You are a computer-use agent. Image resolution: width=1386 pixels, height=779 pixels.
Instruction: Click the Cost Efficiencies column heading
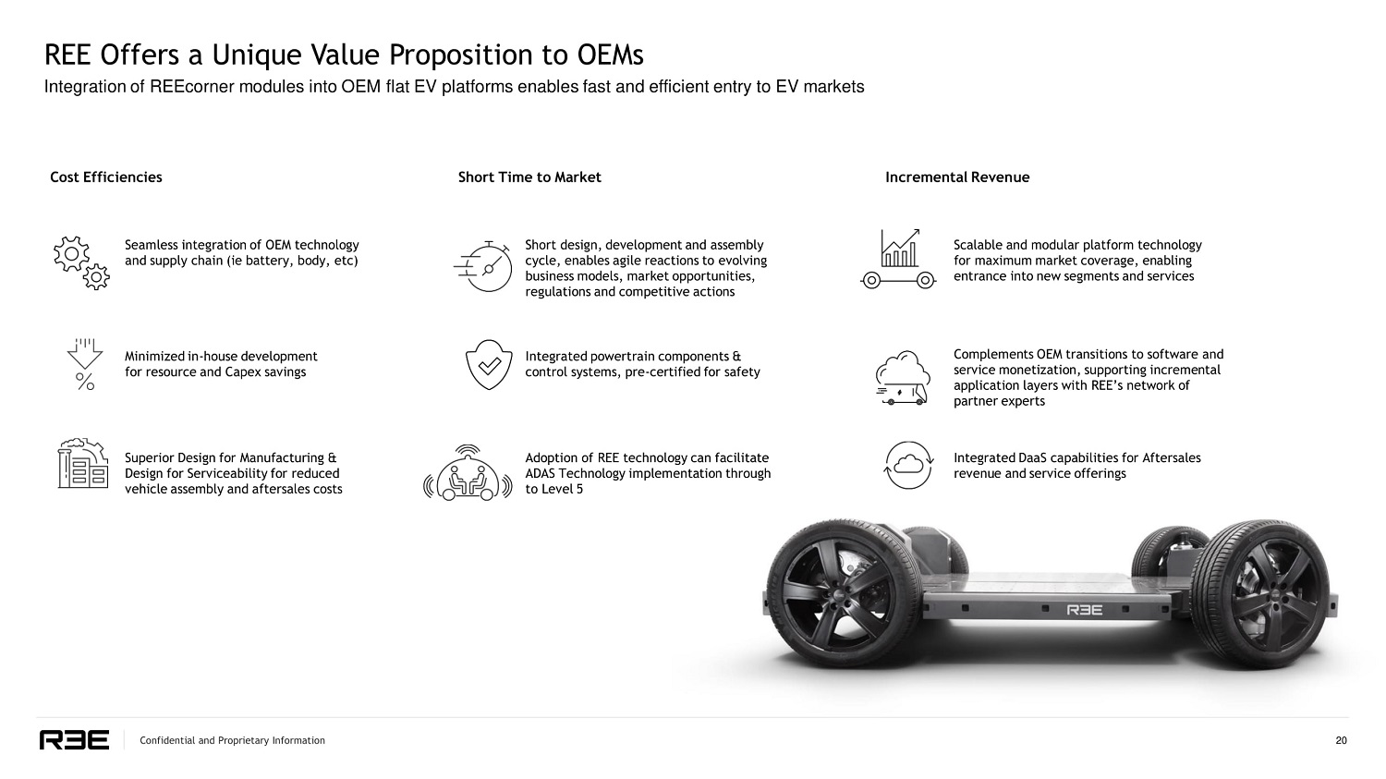pyautogui.click(x=105, y=177)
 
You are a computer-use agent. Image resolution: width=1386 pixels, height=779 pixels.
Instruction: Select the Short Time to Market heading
pyautogui.click(x=529, y=177)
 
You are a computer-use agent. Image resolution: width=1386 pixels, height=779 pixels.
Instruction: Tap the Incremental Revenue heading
pyautogui.click(x=957, y=177)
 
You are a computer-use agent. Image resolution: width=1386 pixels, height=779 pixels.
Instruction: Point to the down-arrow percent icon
pyautogui.click(x=84, y=363)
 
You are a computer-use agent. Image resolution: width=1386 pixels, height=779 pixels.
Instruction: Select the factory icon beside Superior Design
pyautogui.click(x=83, y=464)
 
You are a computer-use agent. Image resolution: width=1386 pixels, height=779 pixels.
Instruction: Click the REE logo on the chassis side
pyautogui.click(x=1085, y=610)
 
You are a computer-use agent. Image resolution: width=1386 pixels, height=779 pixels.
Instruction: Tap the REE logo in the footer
pyautogui.click(x=74, y=740)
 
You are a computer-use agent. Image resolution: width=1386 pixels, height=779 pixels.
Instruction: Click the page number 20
pyautogui.click(x=1341, y=740)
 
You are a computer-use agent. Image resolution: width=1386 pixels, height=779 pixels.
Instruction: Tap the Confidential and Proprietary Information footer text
pyautogui.click(x=232, y=740)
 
